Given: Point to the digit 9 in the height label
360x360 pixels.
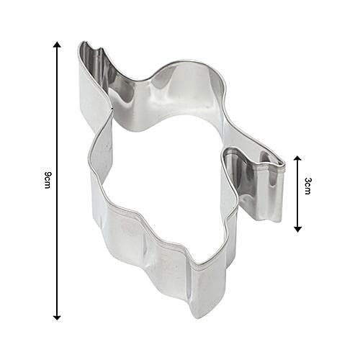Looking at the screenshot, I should click(x=45, y=174).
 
